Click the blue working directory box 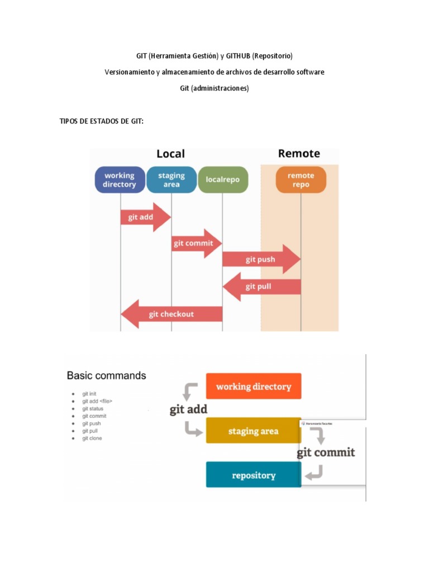120,180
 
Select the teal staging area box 171,180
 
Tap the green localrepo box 223,180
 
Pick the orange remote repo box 301,180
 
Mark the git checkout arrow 171,314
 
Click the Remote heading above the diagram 299,154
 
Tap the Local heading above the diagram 170,154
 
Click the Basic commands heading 107,375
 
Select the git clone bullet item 92,438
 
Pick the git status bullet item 93,408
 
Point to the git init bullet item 89,394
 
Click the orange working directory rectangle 254,386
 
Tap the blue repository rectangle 254,475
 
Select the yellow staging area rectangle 254,431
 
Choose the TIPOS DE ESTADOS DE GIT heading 102,121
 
